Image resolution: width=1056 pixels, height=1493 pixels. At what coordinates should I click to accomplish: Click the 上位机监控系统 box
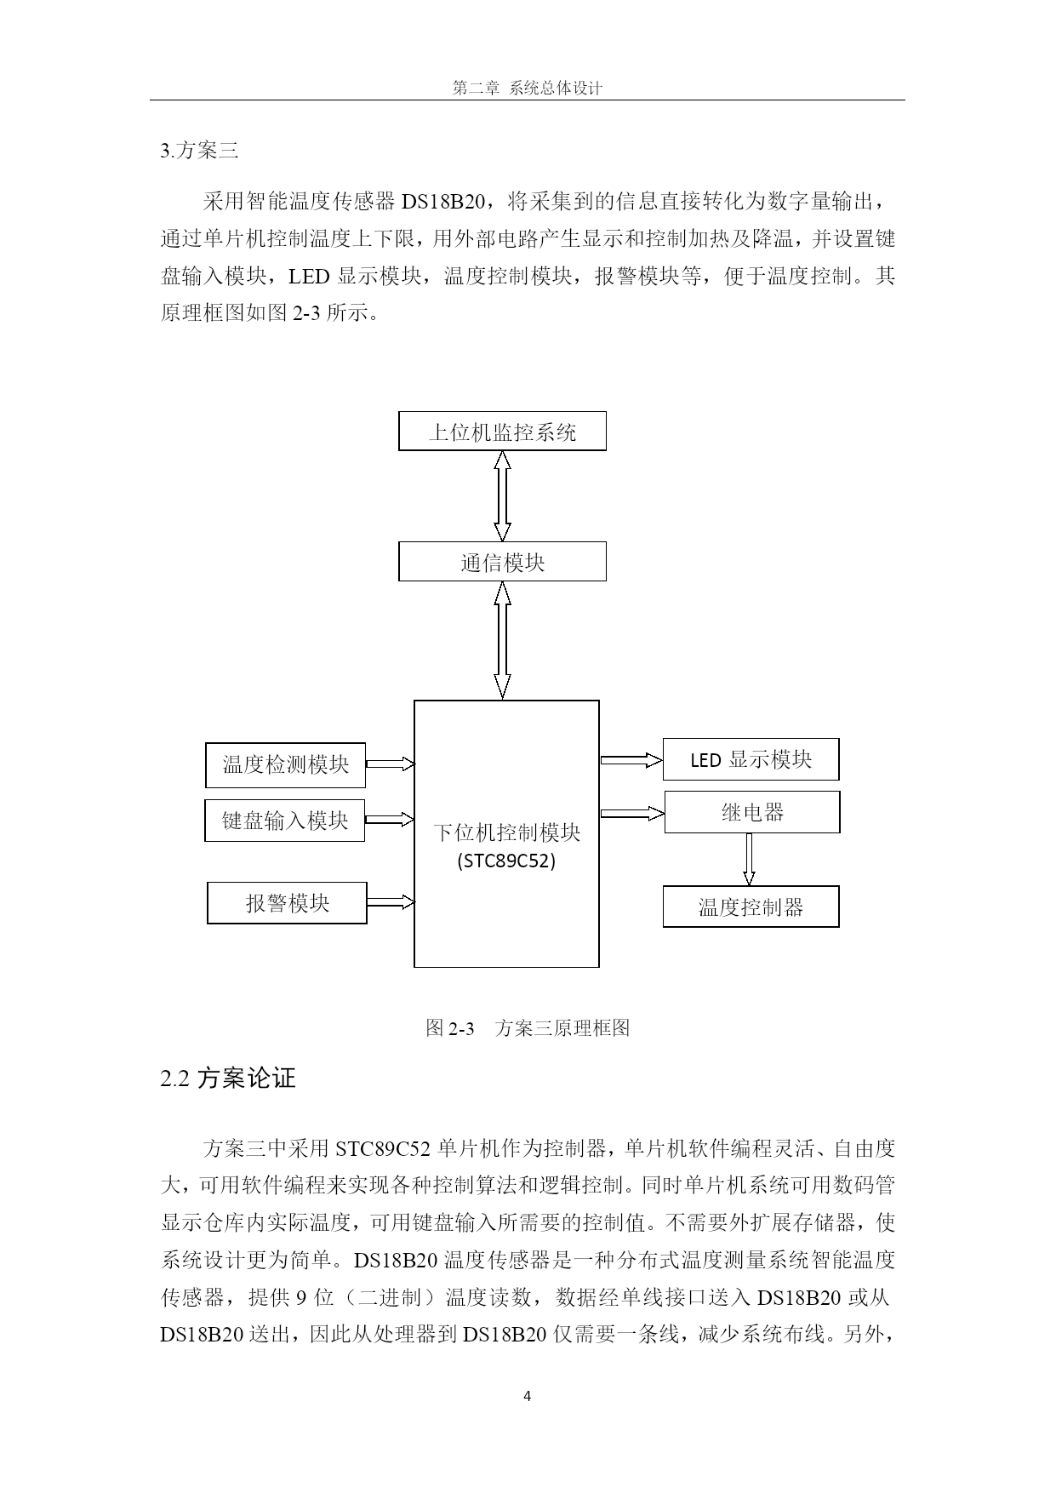[x=502, y=432]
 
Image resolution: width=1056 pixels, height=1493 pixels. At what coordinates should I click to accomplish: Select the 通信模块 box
[x=502, y=562]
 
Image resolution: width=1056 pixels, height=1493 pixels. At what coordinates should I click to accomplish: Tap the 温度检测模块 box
[x=286, y=765]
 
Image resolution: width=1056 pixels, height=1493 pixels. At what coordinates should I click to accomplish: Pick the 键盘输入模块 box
[x=285, y=821]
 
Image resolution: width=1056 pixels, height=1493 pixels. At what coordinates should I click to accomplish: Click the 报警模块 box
[x=288, y=903]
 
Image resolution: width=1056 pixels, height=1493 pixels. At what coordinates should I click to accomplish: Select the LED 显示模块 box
[x=751, y=759]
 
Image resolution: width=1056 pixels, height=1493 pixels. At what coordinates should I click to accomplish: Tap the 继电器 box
[x=752, y=812]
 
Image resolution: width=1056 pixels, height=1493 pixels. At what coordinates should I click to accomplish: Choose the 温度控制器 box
[x=751, y=907]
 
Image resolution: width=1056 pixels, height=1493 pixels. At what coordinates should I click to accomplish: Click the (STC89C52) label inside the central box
[x=506, y=861]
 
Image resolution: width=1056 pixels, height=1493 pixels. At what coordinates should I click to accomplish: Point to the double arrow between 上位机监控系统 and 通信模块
[x=503, y=496]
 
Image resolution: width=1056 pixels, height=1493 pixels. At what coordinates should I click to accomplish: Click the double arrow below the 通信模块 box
[x=503, y=640]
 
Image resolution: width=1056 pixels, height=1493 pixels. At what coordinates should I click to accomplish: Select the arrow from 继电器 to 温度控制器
[x=749, y=859]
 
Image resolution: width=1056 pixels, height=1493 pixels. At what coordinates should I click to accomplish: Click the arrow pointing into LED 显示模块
[x=631, y=760]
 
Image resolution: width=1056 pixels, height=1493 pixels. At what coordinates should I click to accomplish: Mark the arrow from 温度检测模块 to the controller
[x=391, y=764]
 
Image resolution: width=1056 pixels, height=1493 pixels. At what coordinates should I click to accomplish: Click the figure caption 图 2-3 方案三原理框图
[x=528, y=1027]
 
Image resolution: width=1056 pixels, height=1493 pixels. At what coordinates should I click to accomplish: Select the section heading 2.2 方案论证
[x=228, y=1078]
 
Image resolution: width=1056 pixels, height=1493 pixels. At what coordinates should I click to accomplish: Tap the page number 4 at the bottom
[x=528, y=1396]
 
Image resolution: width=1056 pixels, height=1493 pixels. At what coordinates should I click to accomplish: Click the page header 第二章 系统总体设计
[x=528, y=88]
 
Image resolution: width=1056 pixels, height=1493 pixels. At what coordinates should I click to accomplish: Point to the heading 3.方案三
[x=200, y=151]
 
